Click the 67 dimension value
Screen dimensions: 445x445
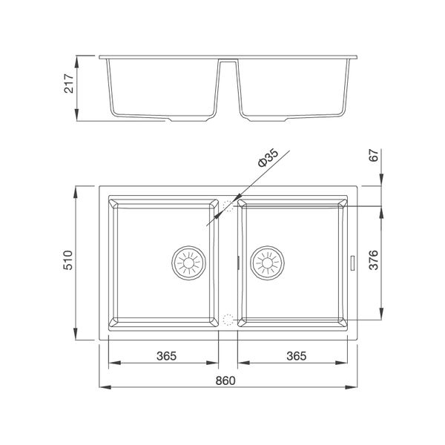click(374, 156)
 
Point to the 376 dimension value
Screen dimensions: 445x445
click(374, 261)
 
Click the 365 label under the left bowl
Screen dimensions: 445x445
click(165, 356)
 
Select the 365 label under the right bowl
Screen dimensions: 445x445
click(295, 356)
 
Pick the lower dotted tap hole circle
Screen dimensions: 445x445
click(228, 320)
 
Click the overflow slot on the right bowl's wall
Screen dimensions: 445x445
click(352, 262)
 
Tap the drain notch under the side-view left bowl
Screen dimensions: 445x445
click(172, 119)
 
